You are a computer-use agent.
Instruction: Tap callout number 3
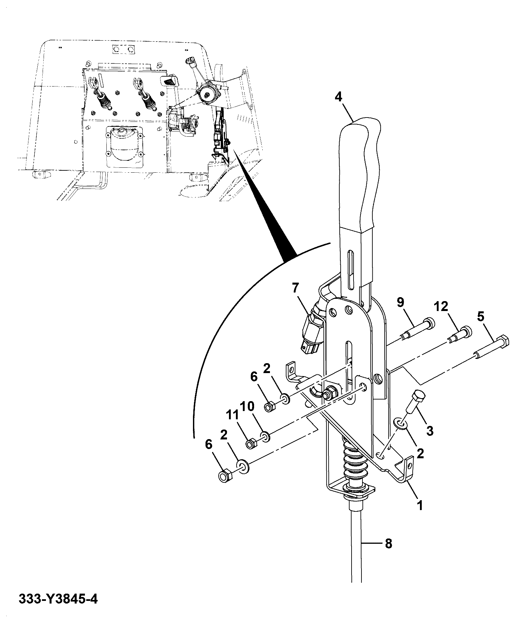(430, 431)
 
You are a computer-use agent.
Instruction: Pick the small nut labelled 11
(252, 443)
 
